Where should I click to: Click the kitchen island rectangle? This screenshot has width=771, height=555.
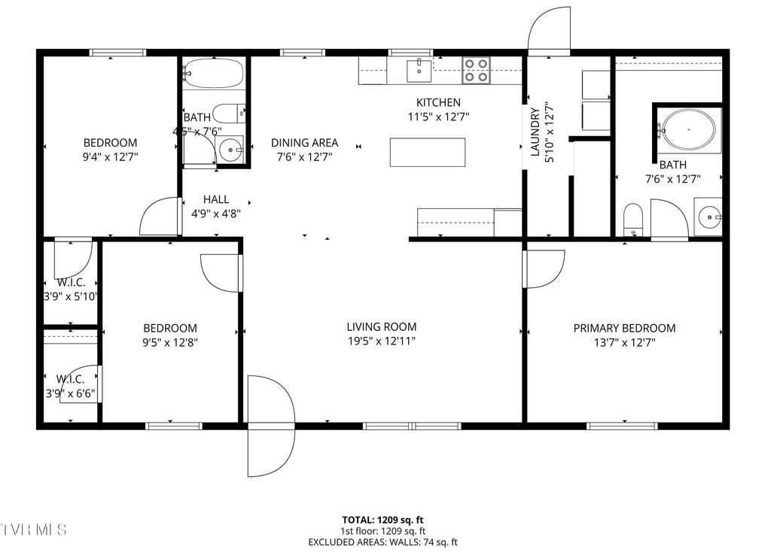(x=428, y=152)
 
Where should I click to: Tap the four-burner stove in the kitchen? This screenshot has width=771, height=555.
(x=475, y=70)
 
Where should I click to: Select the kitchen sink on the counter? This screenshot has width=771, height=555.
(x=418, y=71)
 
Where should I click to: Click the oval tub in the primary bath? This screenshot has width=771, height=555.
(x=688, y=129)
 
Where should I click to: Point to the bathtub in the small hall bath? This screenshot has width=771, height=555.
(x=213, y=74)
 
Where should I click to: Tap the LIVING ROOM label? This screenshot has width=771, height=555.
(x=381, y=327)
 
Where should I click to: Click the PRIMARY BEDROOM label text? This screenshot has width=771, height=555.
(x=624, y=328)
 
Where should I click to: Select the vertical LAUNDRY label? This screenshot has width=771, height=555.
(x=535, y=132)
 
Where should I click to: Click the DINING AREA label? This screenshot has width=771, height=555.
(x=304, y=143)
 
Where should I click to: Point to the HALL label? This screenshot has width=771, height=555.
(x=216, y=200)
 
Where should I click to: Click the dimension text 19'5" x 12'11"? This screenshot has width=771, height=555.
(x=381, y=341)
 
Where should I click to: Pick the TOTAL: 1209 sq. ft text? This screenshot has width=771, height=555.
(x=382, y=520)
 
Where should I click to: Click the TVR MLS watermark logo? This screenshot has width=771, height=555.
(x=34, y=529)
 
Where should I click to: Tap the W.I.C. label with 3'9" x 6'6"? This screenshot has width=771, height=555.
(x=70, y=386)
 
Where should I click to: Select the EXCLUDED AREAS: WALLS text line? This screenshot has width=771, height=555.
(x=382, y=542)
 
